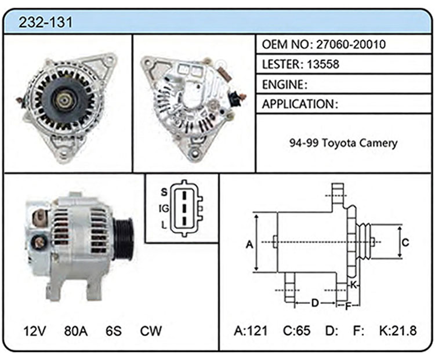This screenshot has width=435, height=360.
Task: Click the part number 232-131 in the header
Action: (x=45, y=22)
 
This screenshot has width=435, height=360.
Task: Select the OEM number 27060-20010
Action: (x=351, y=45)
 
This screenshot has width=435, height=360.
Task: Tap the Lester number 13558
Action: (x=323, y=64)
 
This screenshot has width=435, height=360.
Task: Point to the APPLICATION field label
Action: (x=298, y=104)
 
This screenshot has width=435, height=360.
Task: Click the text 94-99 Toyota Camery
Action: (x=343, y=143)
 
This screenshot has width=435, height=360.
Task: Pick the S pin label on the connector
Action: (x=164, y=192)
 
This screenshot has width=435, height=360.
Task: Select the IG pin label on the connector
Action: (x=164, y=208)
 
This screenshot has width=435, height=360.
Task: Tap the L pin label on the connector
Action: (x=164, y=225)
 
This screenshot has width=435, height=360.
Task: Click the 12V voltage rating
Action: (x=35, y=331)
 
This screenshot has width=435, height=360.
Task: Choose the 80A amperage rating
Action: (x=76, y=331)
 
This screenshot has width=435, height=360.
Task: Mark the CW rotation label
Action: (x=151, y=331)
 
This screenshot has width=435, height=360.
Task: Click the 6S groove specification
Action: (x=114, y=331)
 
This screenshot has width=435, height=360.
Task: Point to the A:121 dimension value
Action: (x=251, y=330)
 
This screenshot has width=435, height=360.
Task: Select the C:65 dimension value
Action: (x=296, y=330)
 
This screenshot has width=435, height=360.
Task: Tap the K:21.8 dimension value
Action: (x=398, y=330)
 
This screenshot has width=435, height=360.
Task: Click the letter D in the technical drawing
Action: (x=315, y=303)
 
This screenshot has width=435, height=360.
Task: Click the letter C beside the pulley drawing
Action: (x=405, y=242)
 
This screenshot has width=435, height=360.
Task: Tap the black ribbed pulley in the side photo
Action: (x=124, y=238)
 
